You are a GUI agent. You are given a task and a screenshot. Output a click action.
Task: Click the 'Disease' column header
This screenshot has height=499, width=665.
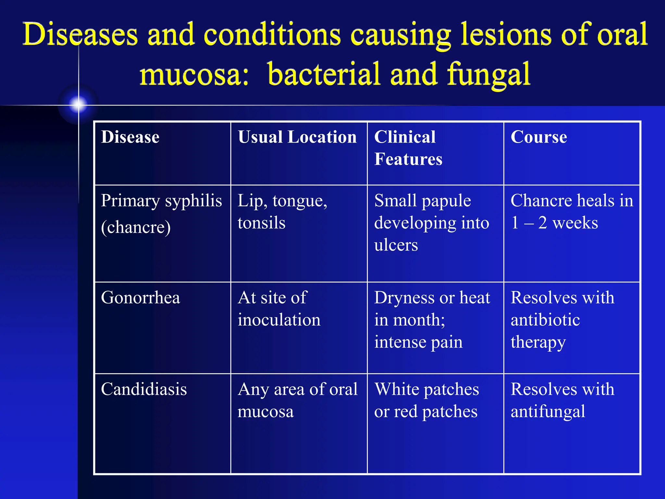pyautogui.click(x=130, y=137)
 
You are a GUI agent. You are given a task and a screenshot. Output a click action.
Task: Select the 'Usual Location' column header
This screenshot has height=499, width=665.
pyautogui.click(x=297, y=137)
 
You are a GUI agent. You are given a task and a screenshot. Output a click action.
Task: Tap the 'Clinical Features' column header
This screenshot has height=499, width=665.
pyautogui.click(x=408, y=148)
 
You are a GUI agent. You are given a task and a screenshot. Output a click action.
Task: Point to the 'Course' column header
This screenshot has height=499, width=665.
pyautogui.click(x=539, y=137)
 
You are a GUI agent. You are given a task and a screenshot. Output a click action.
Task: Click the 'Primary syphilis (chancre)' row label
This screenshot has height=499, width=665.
pyautogui.click(x=161, y=213)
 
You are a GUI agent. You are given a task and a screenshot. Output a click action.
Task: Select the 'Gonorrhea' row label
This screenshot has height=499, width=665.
pyautogui.click(x=141, y=298)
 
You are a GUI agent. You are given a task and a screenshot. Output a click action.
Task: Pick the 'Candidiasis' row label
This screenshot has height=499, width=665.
pyautogui.click(x=144, y=389)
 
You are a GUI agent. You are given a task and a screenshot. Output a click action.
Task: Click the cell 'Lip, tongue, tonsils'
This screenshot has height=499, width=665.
pyautogui.click(x=282, y=211)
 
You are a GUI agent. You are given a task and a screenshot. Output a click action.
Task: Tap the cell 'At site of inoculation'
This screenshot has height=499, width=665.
pyautogui.click(x=279, y=309)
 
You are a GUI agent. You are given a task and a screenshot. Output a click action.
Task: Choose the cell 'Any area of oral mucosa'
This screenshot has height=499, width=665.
pyautogui.click(x=297, y=400)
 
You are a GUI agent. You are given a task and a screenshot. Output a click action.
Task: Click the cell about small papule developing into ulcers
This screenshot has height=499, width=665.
pyautogui.click(x=432, y=223)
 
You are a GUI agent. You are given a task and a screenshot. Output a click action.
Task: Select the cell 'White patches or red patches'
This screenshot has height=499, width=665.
pyautogui.click(x=426, y=400)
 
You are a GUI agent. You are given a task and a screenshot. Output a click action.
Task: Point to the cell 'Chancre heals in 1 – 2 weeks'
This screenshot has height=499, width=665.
pyautogui.click(x=571, y=211)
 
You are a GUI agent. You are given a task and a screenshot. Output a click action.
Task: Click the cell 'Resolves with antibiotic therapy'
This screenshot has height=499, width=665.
pyautogui.click(x=562, y=320)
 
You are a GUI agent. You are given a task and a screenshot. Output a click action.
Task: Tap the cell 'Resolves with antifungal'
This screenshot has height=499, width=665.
pyautogui.click(x=562, y=400)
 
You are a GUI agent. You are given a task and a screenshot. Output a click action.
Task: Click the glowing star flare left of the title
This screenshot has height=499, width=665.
pyautogui.click(x=78, y=104)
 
